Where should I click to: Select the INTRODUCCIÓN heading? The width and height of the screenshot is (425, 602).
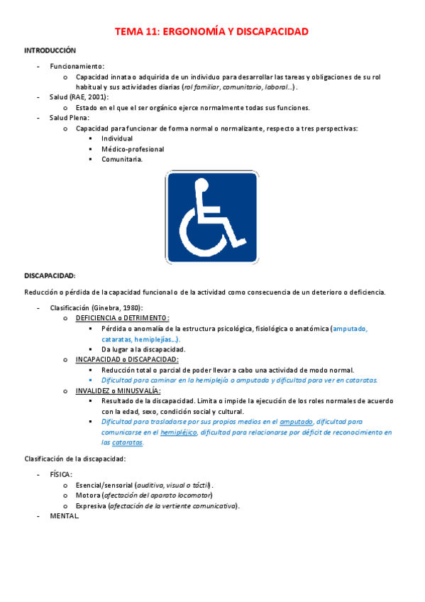(50, 50)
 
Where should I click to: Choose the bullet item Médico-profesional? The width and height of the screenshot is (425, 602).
(133, 149)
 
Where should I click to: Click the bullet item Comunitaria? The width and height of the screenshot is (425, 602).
(122, 160)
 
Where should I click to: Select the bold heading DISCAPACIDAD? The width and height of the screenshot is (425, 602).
(50, 275)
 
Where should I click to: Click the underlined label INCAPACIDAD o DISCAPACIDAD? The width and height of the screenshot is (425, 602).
(127, 359)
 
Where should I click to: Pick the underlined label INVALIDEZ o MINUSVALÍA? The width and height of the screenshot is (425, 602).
(118, 390)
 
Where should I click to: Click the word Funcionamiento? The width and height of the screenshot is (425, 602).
(77, 66)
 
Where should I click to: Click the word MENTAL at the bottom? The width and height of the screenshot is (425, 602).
(63, 516)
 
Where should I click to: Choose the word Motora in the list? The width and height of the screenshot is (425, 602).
(88, 495)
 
